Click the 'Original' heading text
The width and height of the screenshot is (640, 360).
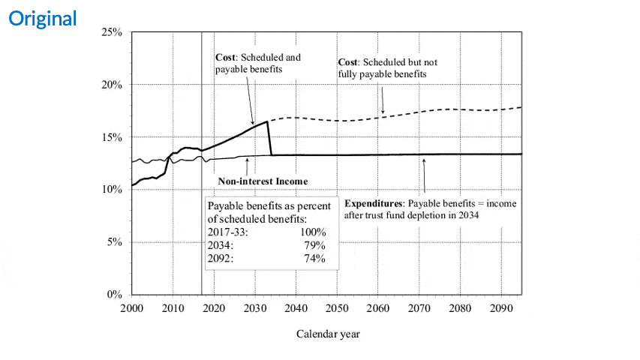coord(43,19)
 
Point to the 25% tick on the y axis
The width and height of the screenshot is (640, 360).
coord(113,33)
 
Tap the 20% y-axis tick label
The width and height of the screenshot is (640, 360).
coord(113,85)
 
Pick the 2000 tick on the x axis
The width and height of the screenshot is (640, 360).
coord(132,309)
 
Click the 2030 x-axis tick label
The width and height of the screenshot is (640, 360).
coord(254,309)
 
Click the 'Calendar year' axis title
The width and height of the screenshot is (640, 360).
coord(328,334)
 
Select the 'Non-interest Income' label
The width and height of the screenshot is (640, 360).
coord(263,181)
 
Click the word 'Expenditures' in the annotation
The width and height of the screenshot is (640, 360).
coord(372,203)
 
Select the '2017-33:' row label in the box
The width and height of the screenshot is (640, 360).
coord(227,232)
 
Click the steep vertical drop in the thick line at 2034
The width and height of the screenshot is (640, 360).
coord(269,139)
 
